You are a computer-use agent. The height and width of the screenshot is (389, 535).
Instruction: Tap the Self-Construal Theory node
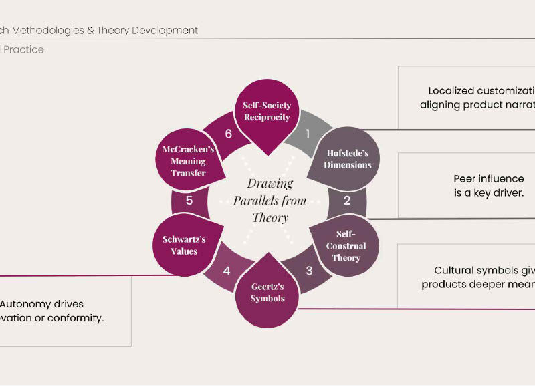(x=346, y=246)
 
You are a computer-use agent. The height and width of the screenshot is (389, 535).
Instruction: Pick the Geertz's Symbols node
(x=267, y=292)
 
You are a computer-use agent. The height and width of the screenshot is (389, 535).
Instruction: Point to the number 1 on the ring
(x=308, y=134)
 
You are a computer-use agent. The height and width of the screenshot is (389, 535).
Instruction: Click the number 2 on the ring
(x=347, y=200)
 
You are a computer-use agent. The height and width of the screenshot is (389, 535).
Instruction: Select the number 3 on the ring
(x=309, y=271)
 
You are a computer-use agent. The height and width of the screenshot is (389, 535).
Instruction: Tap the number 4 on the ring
(x=227, y=271)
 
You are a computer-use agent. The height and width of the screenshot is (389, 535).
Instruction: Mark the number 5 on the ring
(x=189, y=200)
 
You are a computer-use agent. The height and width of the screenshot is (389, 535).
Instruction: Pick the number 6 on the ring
(x=228, y=134)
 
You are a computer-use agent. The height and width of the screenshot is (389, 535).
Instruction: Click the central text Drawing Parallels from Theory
(x=270, y=201)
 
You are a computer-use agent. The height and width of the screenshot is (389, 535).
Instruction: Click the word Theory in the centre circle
(x=270, y=218)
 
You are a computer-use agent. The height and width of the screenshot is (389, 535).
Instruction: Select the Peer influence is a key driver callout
(x=488, y=186)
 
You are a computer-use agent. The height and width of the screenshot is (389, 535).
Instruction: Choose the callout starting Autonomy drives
(x=53, y=311)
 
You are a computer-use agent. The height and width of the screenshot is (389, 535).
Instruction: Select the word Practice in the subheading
(x=25, y=49)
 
